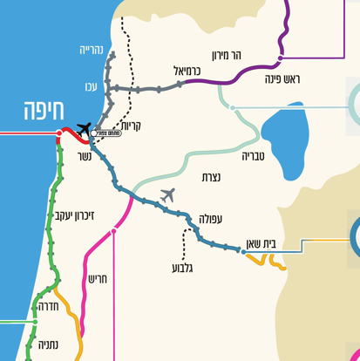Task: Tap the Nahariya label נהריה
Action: pyautogui.click(x=92, y=51)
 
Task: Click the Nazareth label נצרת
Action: pyautogui.click(x=210, y=177)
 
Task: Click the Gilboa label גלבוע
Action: pyautogui.click(x=186, y=268)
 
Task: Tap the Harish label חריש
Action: pyautogui.click(x=96, y=279)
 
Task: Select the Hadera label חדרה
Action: pyautogui.click(x=45, y=306)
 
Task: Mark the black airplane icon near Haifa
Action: pyautogui.click(x=84, y=130)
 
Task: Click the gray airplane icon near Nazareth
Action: pyautogui.click(x=168, y=194)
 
